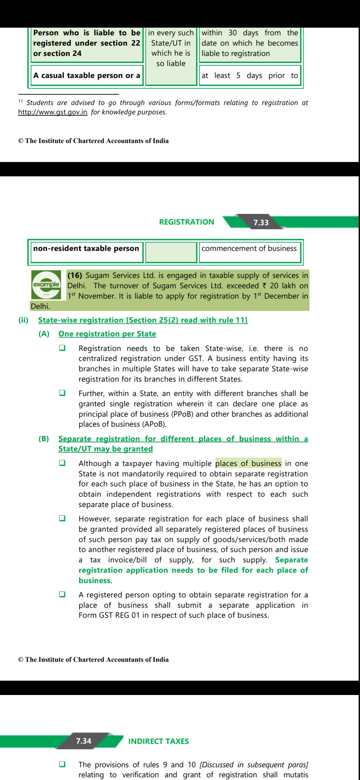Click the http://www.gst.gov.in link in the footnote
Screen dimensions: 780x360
click(x=53, y=112)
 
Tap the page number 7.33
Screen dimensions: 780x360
click(x=261, y=222)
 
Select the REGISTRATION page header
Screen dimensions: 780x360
click(x=186, y=222)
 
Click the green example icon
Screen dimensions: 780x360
click(x=46, y=284)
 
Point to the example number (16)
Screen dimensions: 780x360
click(x=75, y=275)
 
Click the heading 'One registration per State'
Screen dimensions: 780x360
click(x=107, y=334)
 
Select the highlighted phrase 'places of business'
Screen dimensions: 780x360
click(x=248, y=463)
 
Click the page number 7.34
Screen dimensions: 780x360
click(x=83, y=741)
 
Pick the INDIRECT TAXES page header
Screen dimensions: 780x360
click(x=158, y=741)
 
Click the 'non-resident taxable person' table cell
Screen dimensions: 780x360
click(x=86, y=249)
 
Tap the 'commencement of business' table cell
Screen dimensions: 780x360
click(x=249, y=249)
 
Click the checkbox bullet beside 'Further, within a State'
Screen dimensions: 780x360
click(x=62, y=393)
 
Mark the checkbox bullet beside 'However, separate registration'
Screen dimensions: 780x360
click(x=62, y=518)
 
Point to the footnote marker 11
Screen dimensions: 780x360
click(x=20, y=101)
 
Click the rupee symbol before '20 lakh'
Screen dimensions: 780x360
click(x=265, y=286)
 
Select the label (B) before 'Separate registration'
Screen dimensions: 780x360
click(x=44, y=439)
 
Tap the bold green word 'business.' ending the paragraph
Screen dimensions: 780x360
click(x=95, y=580)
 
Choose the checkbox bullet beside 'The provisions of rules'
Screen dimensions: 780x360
click(x=62, y=764)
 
